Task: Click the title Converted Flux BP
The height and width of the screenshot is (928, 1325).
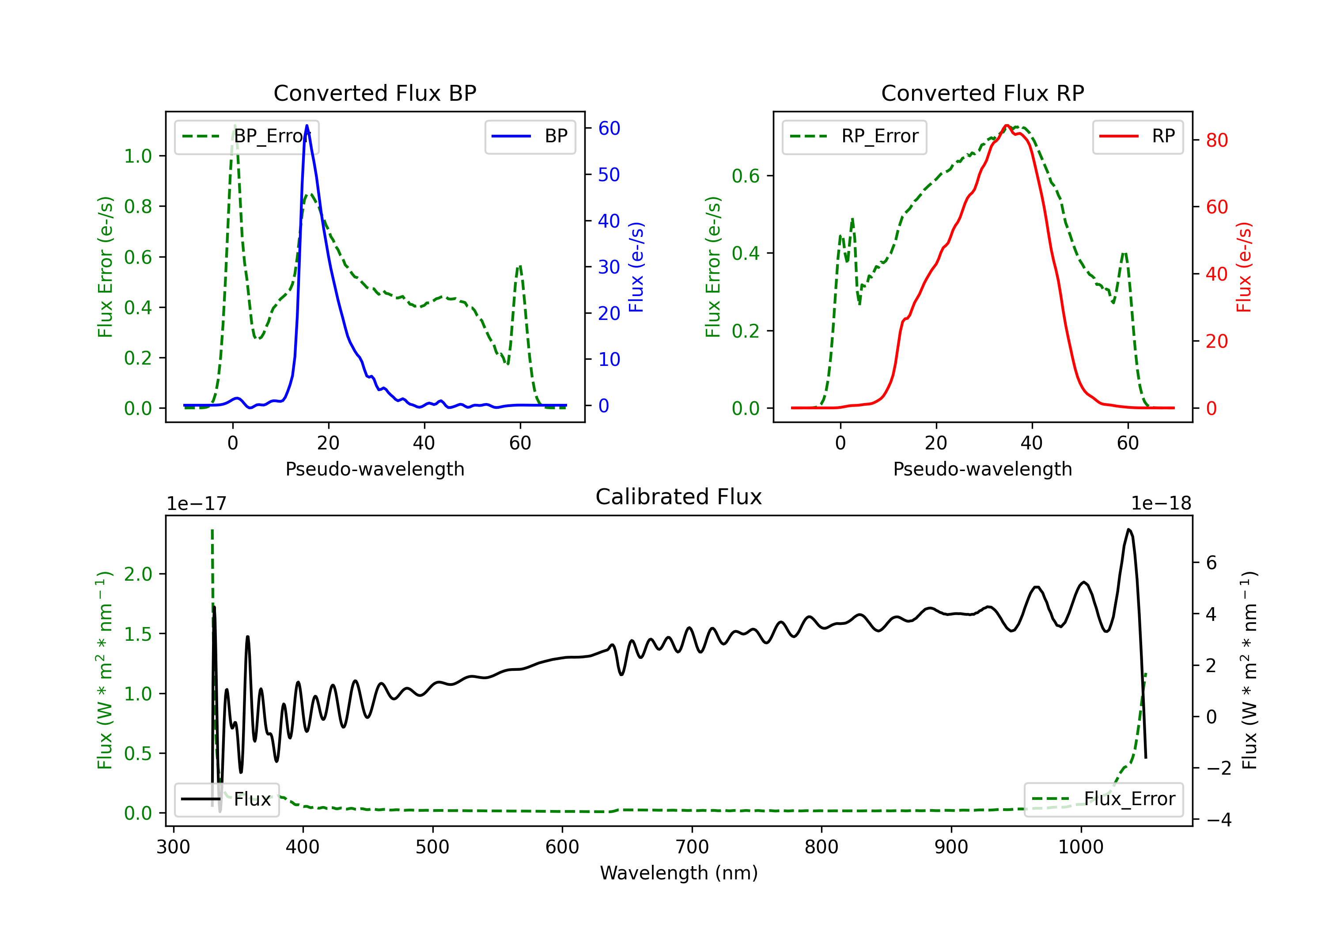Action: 375,93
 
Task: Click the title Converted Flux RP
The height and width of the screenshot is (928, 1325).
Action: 982,93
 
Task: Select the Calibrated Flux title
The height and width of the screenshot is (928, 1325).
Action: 679,497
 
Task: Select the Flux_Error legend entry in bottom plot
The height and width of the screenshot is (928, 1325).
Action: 1103,799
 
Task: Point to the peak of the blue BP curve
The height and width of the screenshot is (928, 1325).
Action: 307,126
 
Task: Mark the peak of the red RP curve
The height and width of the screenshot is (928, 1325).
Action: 1006,126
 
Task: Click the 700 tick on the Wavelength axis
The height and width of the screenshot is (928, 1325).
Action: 692,847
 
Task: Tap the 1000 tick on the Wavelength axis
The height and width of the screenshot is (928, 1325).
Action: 1081,847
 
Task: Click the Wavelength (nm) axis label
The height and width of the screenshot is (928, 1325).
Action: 679,873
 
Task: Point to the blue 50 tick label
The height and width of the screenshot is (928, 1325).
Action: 609,175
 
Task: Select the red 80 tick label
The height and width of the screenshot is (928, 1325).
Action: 1216,141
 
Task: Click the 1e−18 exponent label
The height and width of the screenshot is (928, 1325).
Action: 1161,504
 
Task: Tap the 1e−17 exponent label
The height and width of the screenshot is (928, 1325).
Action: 196,504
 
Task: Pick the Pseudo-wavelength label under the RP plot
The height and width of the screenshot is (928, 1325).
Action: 982,469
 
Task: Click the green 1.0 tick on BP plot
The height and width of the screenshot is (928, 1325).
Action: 138,156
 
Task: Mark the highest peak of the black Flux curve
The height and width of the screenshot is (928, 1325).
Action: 1128,529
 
